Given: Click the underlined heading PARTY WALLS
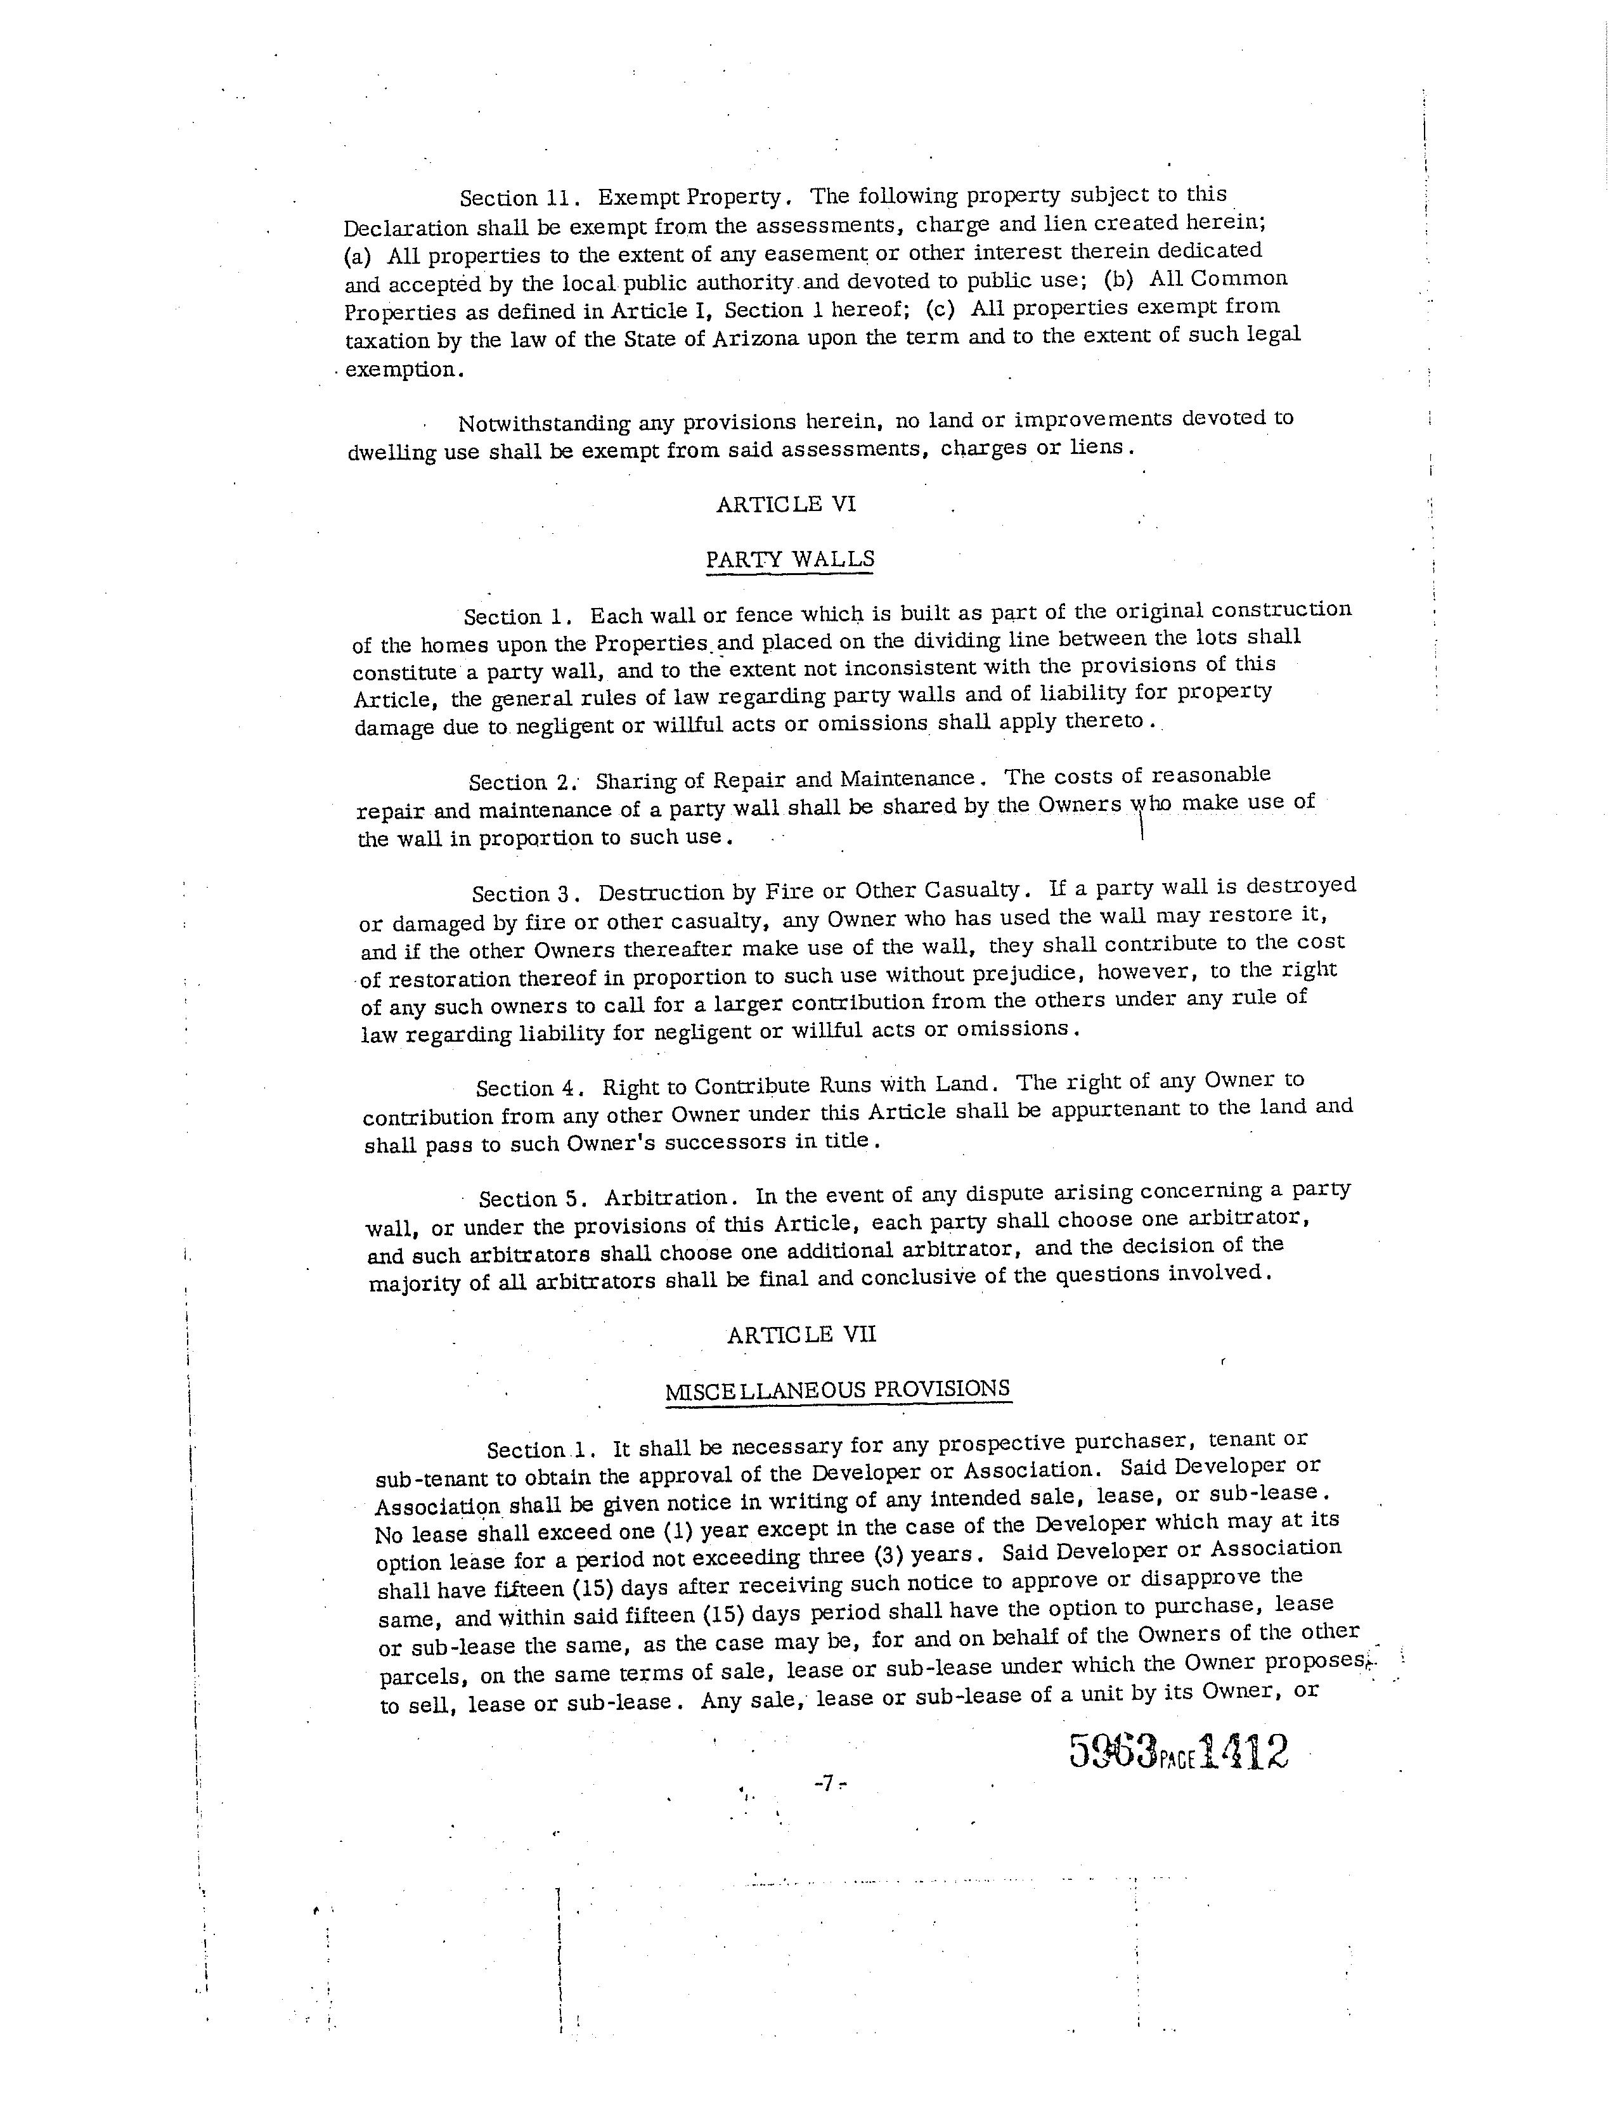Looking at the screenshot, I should tap(790, 559).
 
